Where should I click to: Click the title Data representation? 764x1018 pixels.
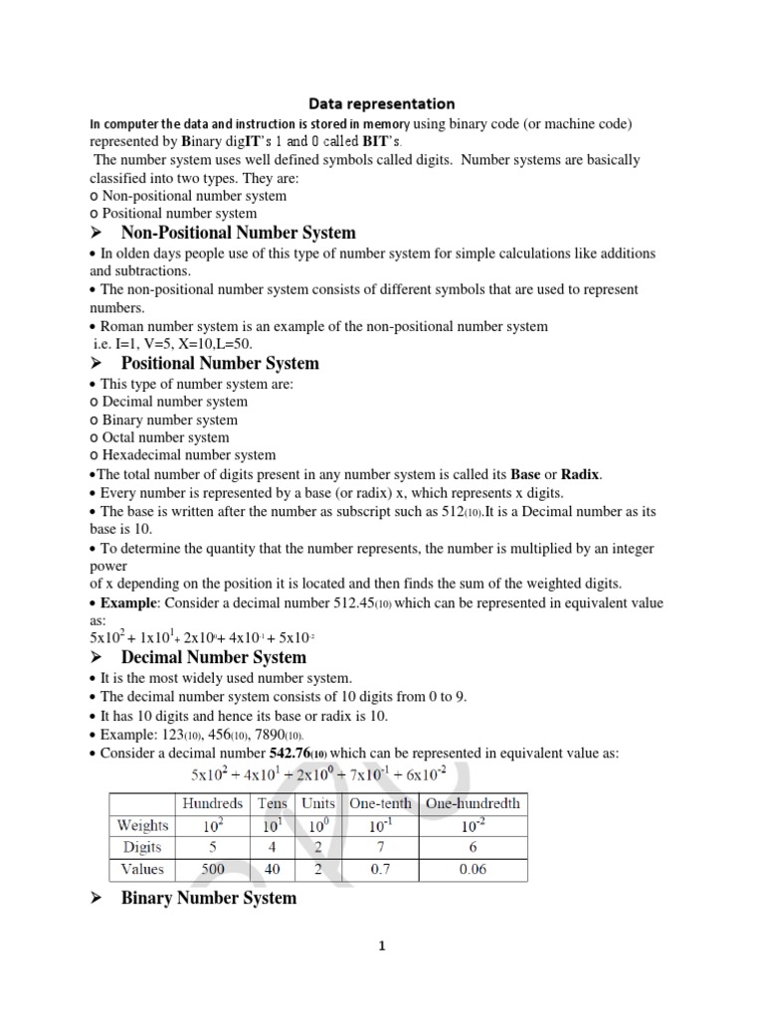click(x=381, y=103)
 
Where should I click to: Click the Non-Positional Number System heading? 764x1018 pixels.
click(x=238, y=233)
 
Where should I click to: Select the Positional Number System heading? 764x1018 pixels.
click(x=220, y=363)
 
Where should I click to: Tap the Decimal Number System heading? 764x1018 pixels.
click(x=214, y=657)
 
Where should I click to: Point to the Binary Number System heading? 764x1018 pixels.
click(x=209, y=898)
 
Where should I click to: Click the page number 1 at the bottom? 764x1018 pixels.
click(x=381, y=946)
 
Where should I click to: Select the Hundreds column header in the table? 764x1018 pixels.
click(x=211, y=803)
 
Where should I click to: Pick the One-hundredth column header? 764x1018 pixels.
click(x=473, y=803)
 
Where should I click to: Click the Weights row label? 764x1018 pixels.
click(x=142, y=825)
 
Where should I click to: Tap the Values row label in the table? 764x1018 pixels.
click(x=142, y=869)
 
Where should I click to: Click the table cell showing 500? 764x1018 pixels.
click(x=211, y=869)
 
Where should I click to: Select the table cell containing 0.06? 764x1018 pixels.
click(x=473, y=869)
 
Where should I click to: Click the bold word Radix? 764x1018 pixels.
click(x=580, y=474)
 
